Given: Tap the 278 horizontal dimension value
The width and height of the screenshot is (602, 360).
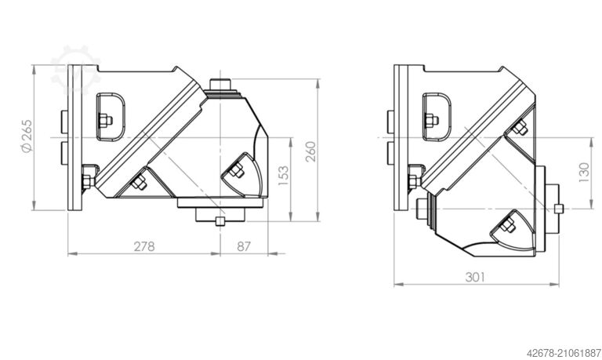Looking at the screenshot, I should (143, 245).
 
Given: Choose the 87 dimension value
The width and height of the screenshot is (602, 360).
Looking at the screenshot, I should (244, 245).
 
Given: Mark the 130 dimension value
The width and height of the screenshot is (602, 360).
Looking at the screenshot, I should (582, 172).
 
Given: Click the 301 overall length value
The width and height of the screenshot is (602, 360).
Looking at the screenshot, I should (475, 276).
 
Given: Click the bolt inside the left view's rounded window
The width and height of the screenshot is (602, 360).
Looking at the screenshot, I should (105, 120).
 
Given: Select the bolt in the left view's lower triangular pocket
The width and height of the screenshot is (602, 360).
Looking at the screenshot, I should (140, 184).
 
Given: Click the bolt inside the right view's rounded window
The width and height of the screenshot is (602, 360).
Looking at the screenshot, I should (432, 120).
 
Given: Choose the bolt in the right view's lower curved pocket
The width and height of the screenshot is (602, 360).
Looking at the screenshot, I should (505, 227).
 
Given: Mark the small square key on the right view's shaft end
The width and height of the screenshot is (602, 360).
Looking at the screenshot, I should (557, 208).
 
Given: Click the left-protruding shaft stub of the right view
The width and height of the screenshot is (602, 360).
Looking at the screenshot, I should (424, 208).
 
